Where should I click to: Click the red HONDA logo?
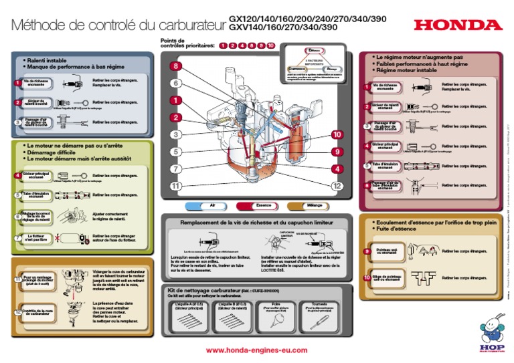(x=458, y=25)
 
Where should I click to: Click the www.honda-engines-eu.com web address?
(x=256, y=350)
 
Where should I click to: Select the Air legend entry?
(x=212, y=206)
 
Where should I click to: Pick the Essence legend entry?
(x=264, y=206)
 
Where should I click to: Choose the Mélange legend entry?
(x=315, y=206)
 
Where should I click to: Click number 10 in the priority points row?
(x=270, y=46)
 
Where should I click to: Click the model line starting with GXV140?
(x=282, y=28)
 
